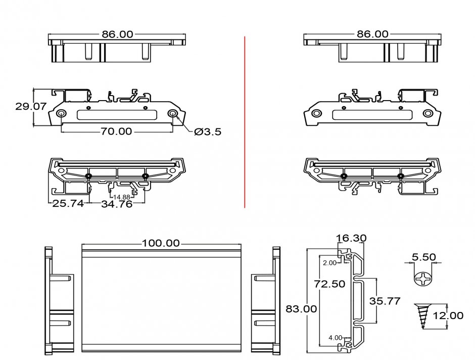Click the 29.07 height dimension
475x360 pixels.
point(16,107)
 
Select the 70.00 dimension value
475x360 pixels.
point(116,131)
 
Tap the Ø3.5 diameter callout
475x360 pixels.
point(208,131)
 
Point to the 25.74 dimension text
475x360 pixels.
point(68,204)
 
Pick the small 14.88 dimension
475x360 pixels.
point(121,197)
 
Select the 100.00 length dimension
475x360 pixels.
point(161,243)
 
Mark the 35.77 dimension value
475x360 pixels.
point(385,301)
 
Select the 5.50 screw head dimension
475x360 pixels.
point(423,257)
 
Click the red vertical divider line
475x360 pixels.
point(245,121)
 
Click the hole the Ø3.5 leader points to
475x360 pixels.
point(173,113)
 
